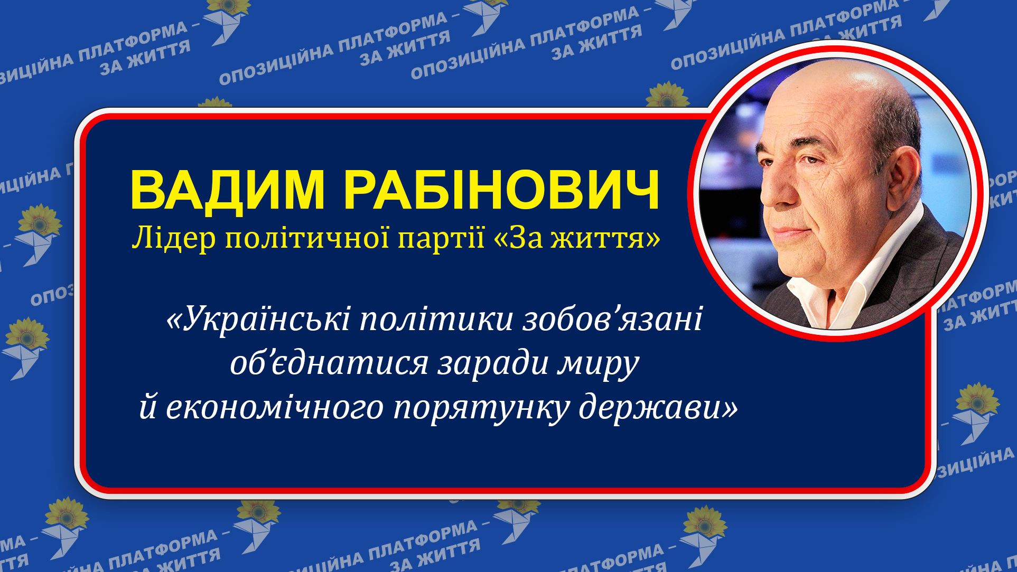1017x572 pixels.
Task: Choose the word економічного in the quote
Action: [274, 408]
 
